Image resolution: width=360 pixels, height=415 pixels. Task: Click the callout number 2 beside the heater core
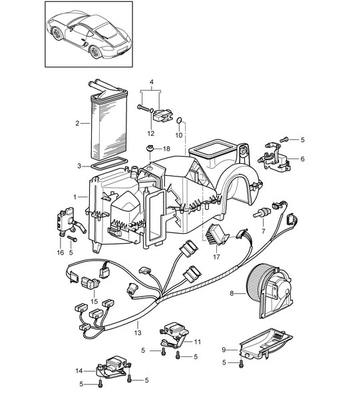tap(77, 123)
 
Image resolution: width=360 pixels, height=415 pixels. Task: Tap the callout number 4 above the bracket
tap(152, 82)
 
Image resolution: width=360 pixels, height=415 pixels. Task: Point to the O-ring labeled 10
tap(179, 121)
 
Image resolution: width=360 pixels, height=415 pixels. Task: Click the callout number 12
tap(151, 133)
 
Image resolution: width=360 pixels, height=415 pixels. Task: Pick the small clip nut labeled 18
tap(150, 148)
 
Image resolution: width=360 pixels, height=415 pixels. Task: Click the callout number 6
tap(302, 159)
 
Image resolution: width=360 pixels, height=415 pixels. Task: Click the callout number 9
tap(224, 350)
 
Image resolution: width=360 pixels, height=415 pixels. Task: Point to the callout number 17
tap(216, 256)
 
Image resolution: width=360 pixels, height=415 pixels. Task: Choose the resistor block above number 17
tap(216, 234)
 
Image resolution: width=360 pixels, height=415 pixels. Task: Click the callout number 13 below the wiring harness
tap(138, 332)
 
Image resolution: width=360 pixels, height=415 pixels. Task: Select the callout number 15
tap(94, 301)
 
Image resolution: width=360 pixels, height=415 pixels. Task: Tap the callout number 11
tap(198, 342)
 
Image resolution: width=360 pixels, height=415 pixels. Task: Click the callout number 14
tap(79, 371)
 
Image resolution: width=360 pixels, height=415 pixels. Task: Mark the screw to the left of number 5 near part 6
tap(283, 139)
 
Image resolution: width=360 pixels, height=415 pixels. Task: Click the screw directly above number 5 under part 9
tap(241, 364)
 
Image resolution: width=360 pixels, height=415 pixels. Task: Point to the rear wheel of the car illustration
tap(95, 51)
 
